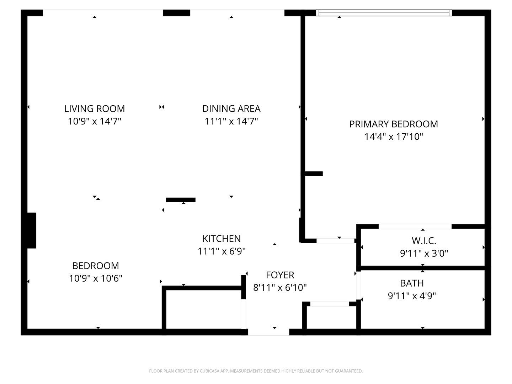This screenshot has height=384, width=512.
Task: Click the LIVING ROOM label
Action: point(94,109)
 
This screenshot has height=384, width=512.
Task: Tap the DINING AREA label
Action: point(231,109)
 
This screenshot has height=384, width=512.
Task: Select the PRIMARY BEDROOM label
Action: point(393,124)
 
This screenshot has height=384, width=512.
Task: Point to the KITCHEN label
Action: point(222,239)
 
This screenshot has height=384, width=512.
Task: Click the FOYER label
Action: point(280,275)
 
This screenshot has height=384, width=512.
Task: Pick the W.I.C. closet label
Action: point(424,241)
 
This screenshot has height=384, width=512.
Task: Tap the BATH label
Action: point(412,283)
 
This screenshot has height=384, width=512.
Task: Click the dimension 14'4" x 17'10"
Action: point(393,137)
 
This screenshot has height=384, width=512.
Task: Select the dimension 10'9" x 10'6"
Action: point(95,278)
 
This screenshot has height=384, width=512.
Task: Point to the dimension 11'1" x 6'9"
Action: point(222,251)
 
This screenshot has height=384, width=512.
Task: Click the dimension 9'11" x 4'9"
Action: point(412,296)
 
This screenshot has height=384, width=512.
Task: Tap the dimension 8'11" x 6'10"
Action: point(280,287)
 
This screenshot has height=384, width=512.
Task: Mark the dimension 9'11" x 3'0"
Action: point(424,254)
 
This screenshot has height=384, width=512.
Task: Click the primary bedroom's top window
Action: point(384,13)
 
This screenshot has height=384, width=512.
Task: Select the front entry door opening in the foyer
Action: point(268,332)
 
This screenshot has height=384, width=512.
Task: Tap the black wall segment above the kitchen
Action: point(181,200)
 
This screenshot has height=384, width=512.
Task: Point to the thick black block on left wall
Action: point(32,230)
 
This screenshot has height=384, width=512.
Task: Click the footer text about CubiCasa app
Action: point(256,371)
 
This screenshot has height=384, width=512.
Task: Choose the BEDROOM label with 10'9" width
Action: point(95,266)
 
